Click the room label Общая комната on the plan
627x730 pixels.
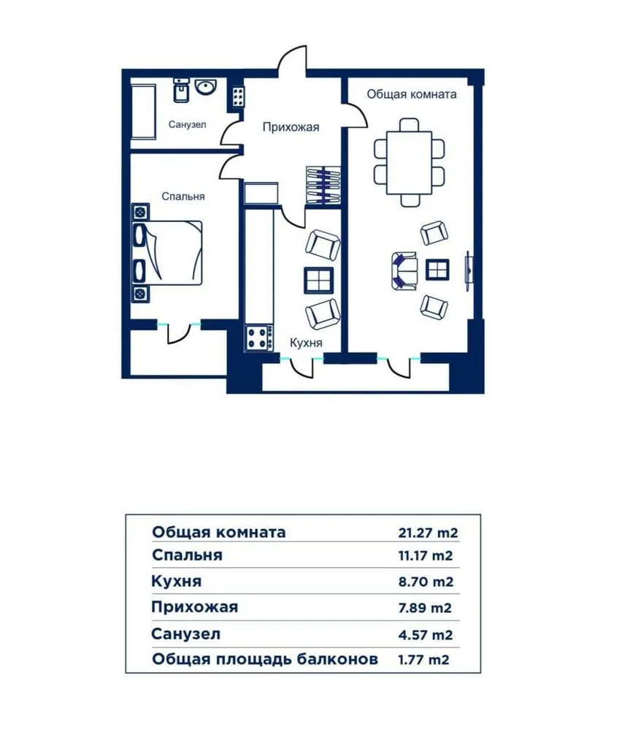[x=412, y=94]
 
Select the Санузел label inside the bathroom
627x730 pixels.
[x=187, y=125]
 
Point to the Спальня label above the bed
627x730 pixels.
[x=182, y=196]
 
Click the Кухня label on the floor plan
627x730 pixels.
[x=306, y=342]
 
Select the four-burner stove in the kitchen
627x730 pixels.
[x=259, y=338]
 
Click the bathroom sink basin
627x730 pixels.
[x=205, y=88]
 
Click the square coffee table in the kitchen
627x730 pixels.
[x=319, y=280]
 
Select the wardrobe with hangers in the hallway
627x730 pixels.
[x=323, y=186]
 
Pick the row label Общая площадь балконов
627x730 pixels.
[x=265, y=659]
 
